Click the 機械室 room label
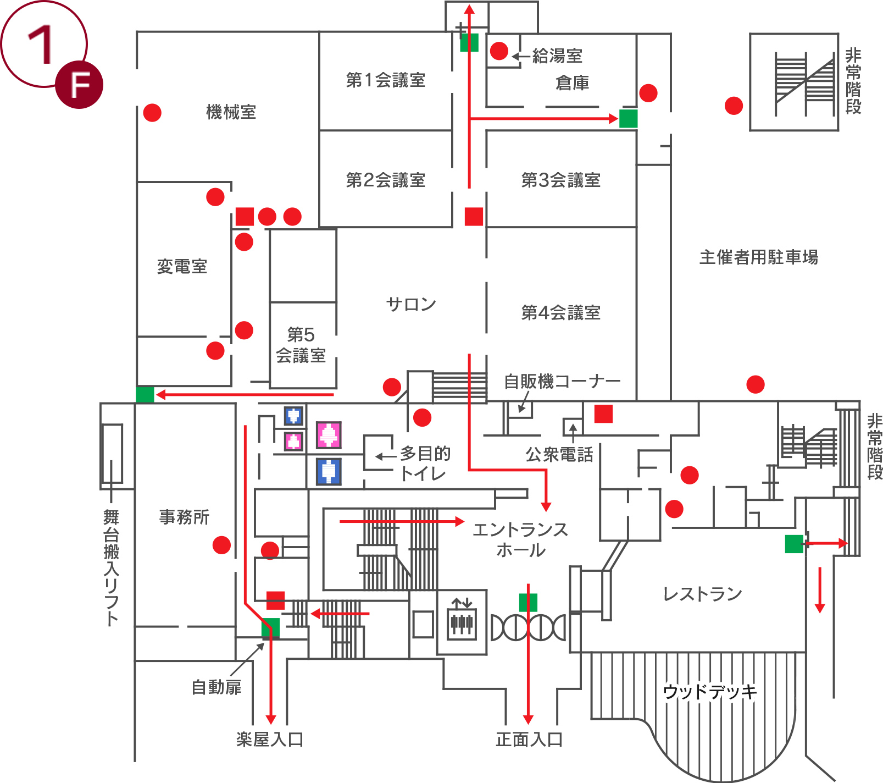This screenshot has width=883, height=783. coord(231,112)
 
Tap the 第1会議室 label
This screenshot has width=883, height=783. coord(385,80)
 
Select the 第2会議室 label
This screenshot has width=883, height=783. coord(385,180)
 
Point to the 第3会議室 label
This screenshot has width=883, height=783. coord(560,180)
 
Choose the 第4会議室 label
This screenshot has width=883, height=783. coord(560,312)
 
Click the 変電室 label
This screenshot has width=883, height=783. coord(182,267)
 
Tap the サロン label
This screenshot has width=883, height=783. coord(410,304)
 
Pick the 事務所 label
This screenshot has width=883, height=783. coord(184,517)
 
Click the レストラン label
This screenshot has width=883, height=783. coord(702,594)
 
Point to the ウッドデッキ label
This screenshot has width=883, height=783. coord(709,691)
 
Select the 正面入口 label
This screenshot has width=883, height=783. coord(529,740)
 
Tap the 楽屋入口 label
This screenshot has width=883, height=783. coord(270,740)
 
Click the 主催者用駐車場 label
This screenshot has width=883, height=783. coord(758,257)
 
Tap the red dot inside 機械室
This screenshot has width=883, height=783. coord(152,113)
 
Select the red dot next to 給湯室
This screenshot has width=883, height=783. coord(499,51)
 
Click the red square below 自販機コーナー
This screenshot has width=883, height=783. coord(603,413)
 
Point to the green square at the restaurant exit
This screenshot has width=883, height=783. coord(793,544)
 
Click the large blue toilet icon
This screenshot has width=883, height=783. coord(329,472)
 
